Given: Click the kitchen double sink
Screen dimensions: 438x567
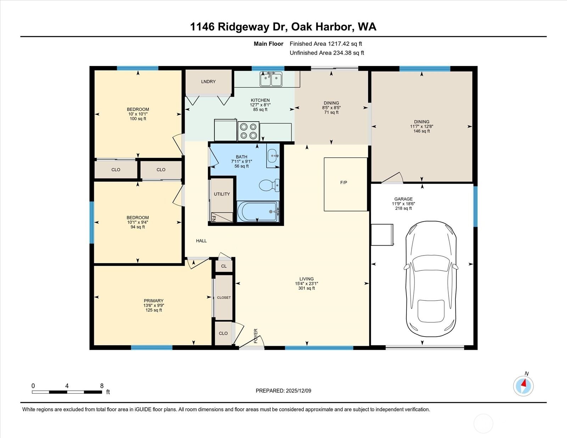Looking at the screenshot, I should pyautogui.click(x=271, y=79).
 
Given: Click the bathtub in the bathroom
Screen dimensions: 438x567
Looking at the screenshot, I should pyautogui.click(x=258, y=212).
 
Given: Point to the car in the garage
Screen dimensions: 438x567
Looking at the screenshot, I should pyautogui.click(x=431, y=279).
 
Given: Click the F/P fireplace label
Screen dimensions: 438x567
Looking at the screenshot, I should pyautogui.click(x=343, y=182).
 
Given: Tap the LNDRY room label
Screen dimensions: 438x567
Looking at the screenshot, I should pyautogui.click(x=208, y=82).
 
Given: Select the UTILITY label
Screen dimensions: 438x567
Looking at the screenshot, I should pyautogui.click(x=222, y=194).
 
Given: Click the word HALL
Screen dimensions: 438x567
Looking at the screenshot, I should pyautogui.click(x=201, y=241).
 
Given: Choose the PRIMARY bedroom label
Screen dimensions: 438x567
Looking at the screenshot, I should pyautogui.click(x=153, y=301).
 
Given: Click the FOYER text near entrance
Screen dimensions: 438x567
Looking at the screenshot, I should pyautogui.click(x=256, y=336).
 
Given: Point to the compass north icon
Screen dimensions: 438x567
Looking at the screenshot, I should pyautogui.click(x=523, y=386).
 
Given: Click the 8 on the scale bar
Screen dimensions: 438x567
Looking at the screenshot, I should pyautogui.click(x=102, y=386).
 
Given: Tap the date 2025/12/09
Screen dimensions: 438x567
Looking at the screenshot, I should pyautogui.click(x=298, y=391).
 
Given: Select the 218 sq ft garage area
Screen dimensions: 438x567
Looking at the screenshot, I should pyautogui.click(x=403, y=208).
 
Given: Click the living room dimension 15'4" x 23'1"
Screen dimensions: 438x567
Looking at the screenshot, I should pyautogui.click(x=307, y=283).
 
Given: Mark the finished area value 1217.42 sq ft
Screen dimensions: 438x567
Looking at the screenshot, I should pyautogui.click(x=345, y=44).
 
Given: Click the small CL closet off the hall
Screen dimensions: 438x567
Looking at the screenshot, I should pyautogui.click(x=224, y=266).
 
